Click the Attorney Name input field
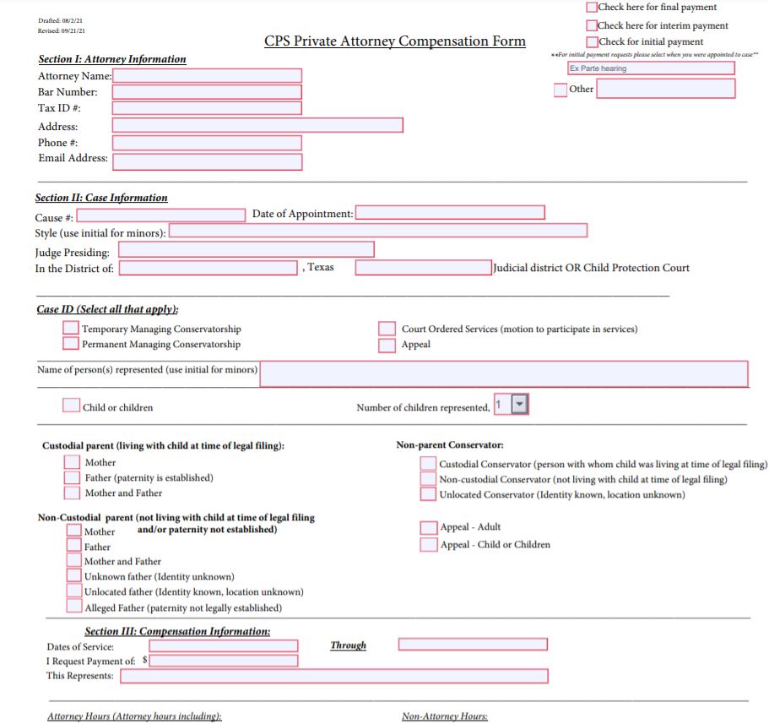pyautogui.click(x=207, y=76)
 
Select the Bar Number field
pyautogui.click(x=207, y=92)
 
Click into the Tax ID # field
pyautogui.click(x=207, y=108)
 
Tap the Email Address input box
pyautogui.click(x=207, y=161)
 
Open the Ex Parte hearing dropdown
pyautogui.click(x=651, y=68)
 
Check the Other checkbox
pyautogui.click(x=561, y=90)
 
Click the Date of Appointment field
pyautogui.click(x=450, y=213)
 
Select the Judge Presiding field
pyautogui.click(x=246, y=250)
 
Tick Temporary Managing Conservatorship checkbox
pyautogui.click(x=71, y=329)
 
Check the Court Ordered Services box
pyautogui.click(x=387, y=329)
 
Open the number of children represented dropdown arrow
pyautogui.click(x=520, y=405)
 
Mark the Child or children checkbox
pyautogui.click(x=72, y=406)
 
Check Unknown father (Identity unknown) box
pyautogui.click(x=74, y=576)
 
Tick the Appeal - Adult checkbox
pyautogui.click(x=429, y=528)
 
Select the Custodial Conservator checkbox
pyautogui.click(x=429, y=464)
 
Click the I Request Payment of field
pyautogui.click(x=223, y=661)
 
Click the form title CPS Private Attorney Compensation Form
pyautogui.click(x=394, y=41)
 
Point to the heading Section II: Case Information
pyautogui.click(x=101, y=198)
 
